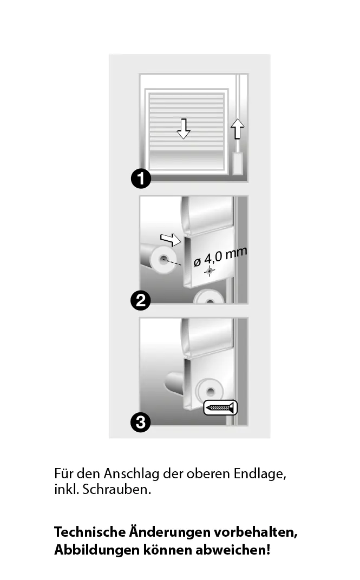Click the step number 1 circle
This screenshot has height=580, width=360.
[x=141, y=179]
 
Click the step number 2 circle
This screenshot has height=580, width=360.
[x=141, y=300]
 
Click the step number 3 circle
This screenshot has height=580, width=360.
[x=141, y=422]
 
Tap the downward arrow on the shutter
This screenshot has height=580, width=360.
[x=183, y=129]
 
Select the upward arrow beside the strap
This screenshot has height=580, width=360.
[x=238, y=129]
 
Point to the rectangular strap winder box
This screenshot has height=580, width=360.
[x=238, y=163]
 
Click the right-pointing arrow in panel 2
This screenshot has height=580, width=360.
[x=171, y=240]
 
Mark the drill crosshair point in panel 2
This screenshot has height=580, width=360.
[x=210, y=271]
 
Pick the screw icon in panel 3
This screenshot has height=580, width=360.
[x=220, y=407]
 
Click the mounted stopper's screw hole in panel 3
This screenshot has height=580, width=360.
[x=211, y=391]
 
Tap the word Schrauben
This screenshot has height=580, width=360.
[x=116, y=489]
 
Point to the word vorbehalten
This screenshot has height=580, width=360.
[x=256, y=532]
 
